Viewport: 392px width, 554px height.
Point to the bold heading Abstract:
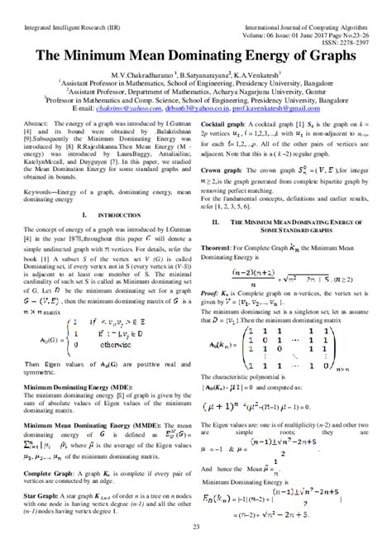coord(49,121)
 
